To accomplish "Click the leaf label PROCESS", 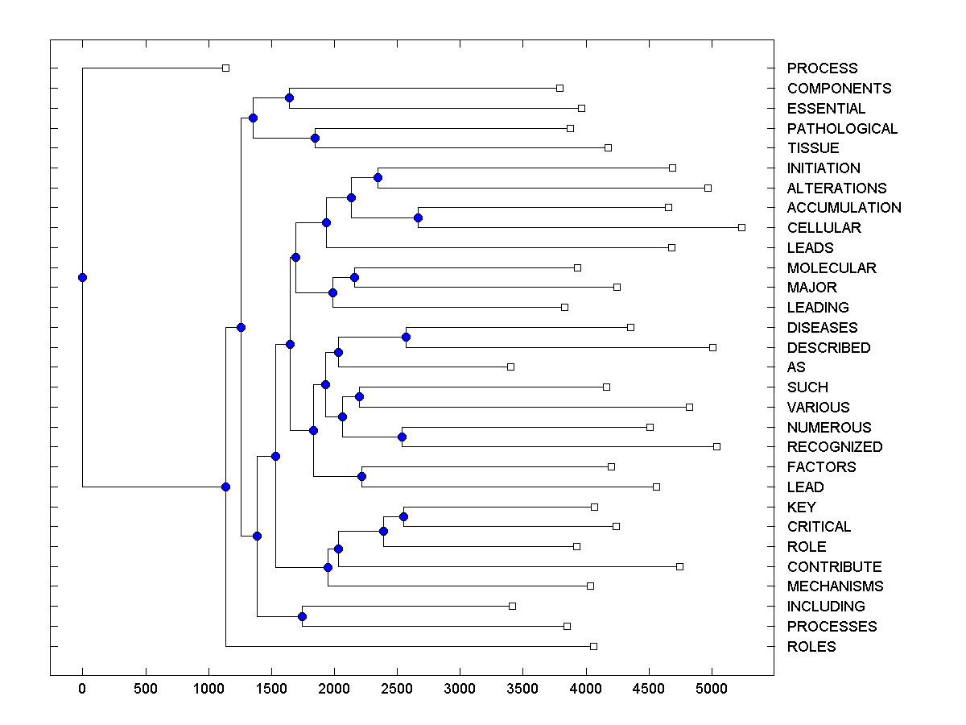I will [x=822, y=68].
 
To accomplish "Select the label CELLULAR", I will [x=824, y=228].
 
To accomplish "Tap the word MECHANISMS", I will [x=835, y=586].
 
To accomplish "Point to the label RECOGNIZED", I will [x=835, y=447].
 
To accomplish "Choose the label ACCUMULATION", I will [x=844, y=208].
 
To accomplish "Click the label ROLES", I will [x=811, y=647].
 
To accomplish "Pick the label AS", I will [x=796, y=367].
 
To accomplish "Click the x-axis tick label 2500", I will [x=397, y=690].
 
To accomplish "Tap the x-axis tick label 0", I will [x=82, y=690].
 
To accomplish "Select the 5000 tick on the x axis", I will [x=712, y=690].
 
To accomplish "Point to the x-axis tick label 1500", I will [x=271, y=690].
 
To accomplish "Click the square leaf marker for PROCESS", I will [x=225, y=68].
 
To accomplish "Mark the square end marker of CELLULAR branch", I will [x=741, y=228].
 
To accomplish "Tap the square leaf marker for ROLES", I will [x=593, y=646].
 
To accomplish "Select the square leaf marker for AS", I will [x=510, y=367].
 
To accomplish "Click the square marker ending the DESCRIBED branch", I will [x=712, y=347].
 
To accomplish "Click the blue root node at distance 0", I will [x=82, y=277].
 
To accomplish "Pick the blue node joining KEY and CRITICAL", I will [x=403, y=516].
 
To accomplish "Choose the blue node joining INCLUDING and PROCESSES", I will [x=302, y=616].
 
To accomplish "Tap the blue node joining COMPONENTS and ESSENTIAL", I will [x=289, y=97].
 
